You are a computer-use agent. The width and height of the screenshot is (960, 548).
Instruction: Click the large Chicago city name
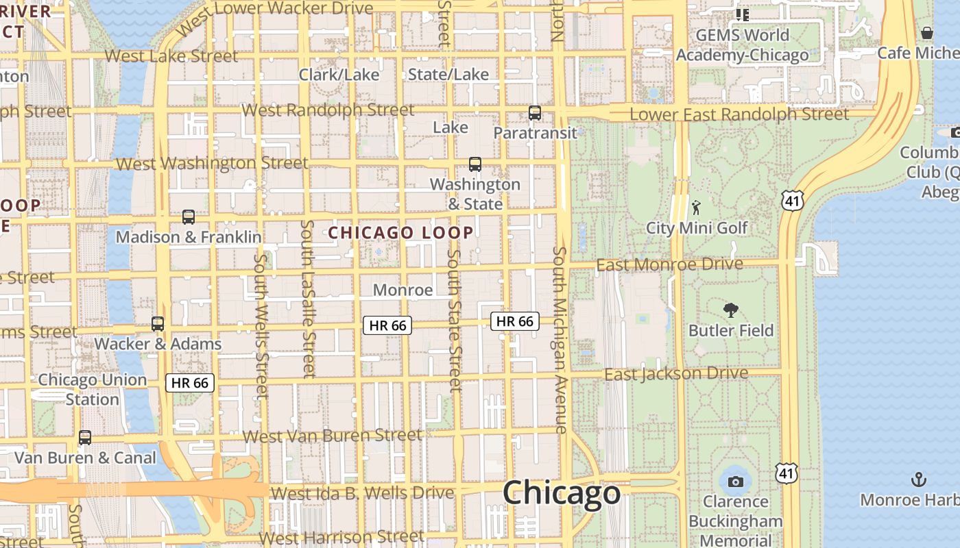(x=562, y=493)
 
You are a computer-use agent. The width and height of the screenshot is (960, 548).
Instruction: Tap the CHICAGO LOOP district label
(x=400, y=233)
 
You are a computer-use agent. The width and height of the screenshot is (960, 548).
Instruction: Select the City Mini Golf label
(x=697, y=227)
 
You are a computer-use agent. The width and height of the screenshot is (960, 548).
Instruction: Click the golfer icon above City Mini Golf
(x=697, y=208)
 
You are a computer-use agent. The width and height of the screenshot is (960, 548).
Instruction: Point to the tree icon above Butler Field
(x=731, y=310)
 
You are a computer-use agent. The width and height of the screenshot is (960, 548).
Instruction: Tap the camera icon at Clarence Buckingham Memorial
(x=736, y=482)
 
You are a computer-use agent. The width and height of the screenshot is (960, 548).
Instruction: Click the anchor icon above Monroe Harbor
(x=918, y=480)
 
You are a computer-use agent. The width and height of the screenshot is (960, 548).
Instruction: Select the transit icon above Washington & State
(x=475, y=164)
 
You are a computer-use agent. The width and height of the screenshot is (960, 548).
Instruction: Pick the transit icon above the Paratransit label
(x=535, y=113)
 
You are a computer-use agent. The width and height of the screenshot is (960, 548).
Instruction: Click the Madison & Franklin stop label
(x=189, y=237)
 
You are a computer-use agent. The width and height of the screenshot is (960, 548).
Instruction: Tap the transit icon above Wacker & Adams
(x=158, y=323)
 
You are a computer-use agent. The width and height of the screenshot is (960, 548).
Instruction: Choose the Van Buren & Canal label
(x=86, y=458)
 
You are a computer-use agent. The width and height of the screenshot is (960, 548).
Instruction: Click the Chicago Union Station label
(x=93, y=389)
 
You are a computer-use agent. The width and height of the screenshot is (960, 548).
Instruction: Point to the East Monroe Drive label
(x=669, y=264)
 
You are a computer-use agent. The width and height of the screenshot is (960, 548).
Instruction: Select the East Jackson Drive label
(x=675, y=374)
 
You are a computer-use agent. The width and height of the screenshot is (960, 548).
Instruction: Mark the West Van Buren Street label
(x=333, y=436)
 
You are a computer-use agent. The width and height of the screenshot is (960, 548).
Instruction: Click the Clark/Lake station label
(x=339, y=75)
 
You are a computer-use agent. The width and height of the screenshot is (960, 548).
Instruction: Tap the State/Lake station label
(x=448, y=75)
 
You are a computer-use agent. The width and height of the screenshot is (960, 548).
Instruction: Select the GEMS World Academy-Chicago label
(x=742, y=45)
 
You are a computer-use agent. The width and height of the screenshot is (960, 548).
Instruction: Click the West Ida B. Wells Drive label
(x=362, y=493)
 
